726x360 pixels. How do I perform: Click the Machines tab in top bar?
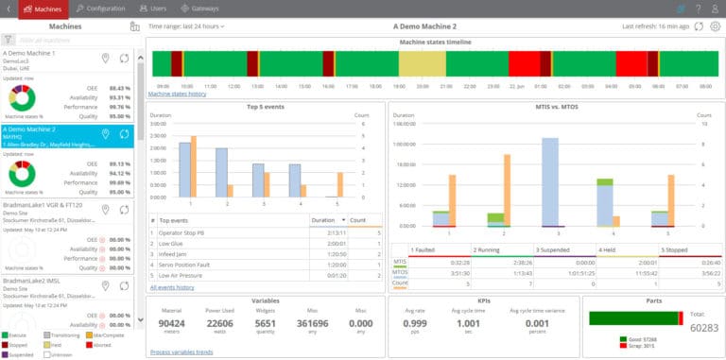43,9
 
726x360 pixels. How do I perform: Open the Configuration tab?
99,9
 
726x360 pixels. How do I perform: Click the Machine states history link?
177,94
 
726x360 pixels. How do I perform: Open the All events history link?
172,286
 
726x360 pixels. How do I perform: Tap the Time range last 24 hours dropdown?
186,26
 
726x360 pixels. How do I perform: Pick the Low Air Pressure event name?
181,275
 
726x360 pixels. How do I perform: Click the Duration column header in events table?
323,219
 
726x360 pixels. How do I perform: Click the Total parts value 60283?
703,328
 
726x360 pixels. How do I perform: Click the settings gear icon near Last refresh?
714,26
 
